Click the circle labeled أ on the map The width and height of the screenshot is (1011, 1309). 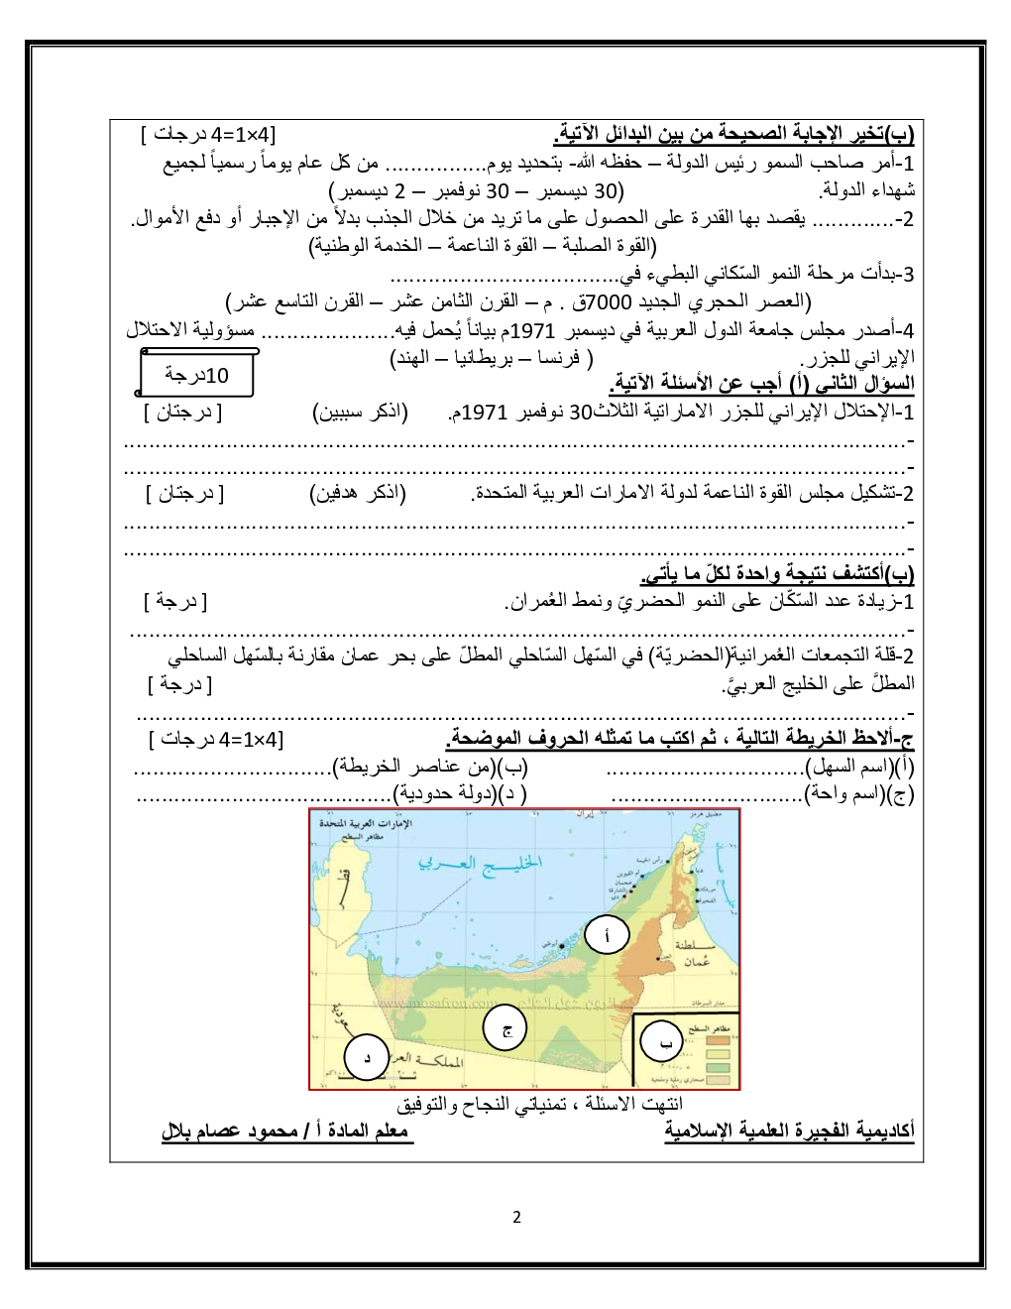pyautogui.click(x=607, y=934)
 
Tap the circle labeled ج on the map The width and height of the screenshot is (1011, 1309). pyautogui.click(x=505, y=1029)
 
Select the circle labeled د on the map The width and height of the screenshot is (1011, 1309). pyautogui.click(x=366, y=1058)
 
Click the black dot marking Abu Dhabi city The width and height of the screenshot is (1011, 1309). pyautogui.click(x=563, y=946)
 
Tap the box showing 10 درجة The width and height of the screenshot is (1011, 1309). pyautogui.click(x=197, y=375)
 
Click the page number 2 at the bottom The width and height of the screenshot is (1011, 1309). pyautogui.click(x=515, y=1218)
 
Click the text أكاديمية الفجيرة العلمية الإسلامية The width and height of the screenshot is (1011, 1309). pyautogui.click(x=789, y=1131)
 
